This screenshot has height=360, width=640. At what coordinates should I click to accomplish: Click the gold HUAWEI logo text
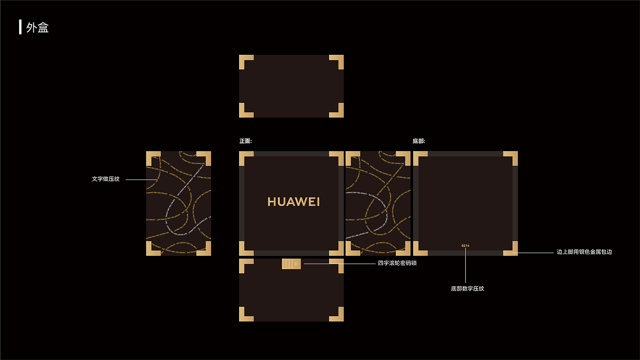(293, 202)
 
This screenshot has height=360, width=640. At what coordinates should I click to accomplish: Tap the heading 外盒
(37, 27)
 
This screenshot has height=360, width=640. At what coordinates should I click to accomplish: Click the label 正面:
(245, 141)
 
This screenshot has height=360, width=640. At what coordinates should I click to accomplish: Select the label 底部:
(419, 141)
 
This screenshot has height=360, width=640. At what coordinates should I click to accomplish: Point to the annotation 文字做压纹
(106, 179)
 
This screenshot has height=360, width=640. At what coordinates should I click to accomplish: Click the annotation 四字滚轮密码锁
(397, 263)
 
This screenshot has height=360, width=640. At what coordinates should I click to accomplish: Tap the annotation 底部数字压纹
(467, 289)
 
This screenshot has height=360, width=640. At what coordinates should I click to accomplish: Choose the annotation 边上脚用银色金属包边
(584, 252)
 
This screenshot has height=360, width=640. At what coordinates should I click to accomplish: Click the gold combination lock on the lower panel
(291, 264)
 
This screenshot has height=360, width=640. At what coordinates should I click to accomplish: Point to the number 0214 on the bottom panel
(465, 246)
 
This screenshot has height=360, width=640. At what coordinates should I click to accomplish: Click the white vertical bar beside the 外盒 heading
(20, 27)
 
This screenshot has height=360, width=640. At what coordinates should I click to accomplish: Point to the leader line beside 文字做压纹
(136, 180)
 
